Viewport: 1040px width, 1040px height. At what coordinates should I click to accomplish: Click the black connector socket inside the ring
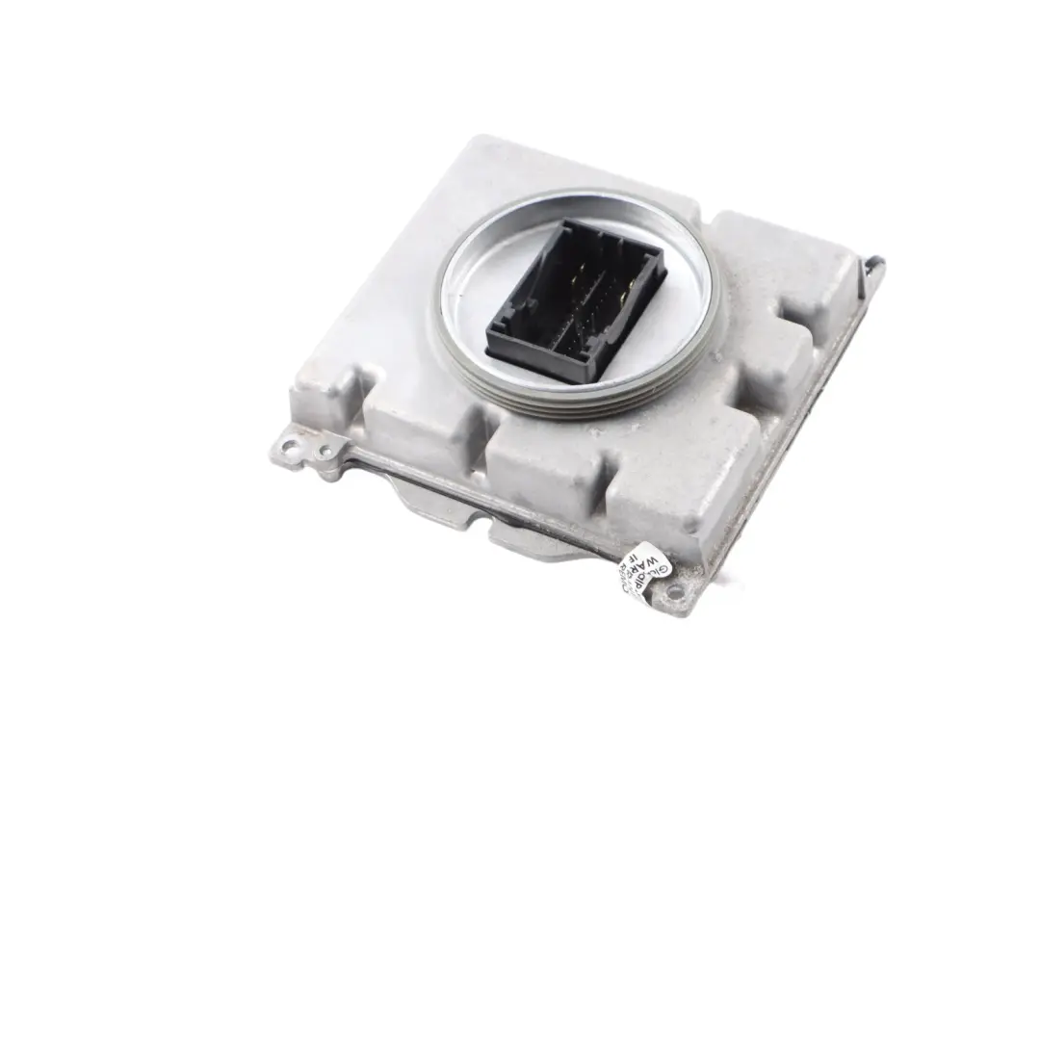[575, 299]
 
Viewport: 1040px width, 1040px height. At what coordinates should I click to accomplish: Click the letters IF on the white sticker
[632, 557]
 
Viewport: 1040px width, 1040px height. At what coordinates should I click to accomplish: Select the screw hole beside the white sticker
[673, 590]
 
